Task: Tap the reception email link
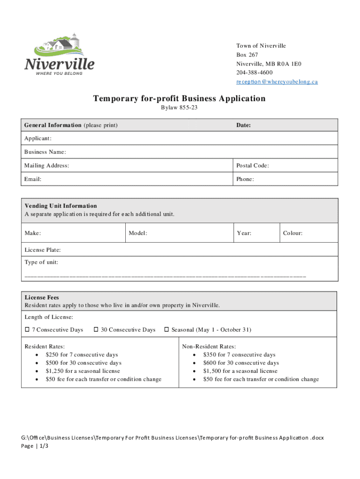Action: (277, 81)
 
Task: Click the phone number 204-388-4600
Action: (254, 73)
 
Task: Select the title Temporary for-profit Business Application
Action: (179, 98)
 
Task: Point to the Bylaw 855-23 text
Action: (179, 108)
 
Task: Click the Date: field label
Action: (244, 125)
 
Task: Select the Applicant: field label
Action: (38, 138)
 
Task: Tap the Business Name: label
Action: (45, 152)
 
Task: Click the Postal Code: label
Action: (252, 166)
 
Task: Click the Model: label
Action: (138, 233)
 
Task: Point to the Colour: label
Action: (292, 233)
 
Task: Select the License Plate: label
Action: (43, 250)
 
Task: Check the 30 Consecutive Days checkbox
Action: (96, 330)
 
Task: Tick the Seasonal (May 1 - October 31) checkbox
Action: (166, 330)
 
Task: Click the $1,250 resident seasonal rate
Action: (82, 371)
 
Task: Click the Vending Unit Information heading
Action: (61, 206)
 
